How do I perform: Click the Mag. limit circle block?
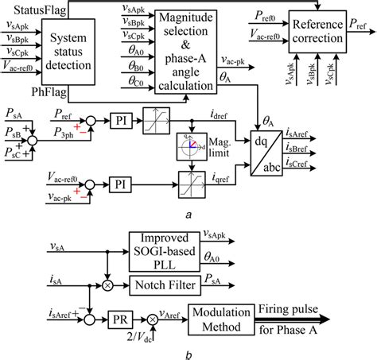pyautogui.click(x=188, y=146)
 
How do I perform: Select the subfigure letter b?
pyautogui.click(x=185, y=352)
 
